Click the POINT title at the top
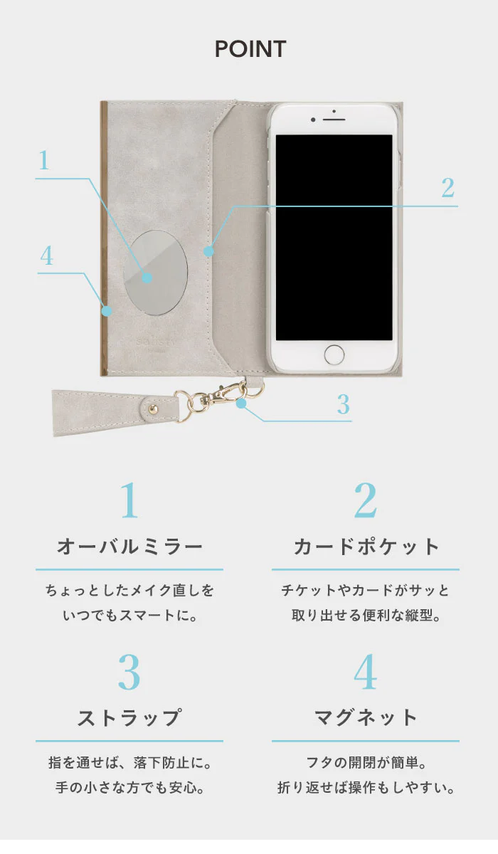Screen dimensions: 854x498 pos(250,49)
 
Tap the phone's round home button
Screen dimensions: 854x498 pos(334,354)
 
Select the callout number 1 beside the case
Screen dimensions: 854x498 pos(44,161)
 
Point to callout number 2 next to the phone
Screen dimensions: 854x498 pos(447,189)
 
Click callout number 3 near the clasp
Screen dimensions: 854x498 pos(344,404)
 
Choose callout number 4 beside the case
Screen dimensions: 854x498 pos(46,256)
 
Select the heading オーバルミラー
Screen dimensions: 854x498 pos(129,547)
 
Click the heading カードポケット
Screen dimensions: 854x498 pos(366,547)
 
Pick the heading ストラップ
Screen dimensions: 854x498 pos(129,718)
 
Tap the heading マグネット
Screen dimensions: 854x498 pos(366,718)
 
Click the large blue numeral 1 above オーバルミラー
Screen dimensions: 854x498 pos(129,501)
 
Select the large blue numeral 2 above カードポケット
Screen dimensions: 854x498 pos(365,501)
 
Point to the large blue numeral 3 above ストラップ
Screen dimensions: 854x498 pos(129,673)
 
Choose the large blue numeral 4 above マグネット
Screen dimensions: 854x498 pos(365,673)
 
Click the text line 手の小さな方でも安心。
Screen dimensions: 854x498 pos(129,789)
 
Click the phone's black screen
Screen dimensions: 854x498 pos(334,237)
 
